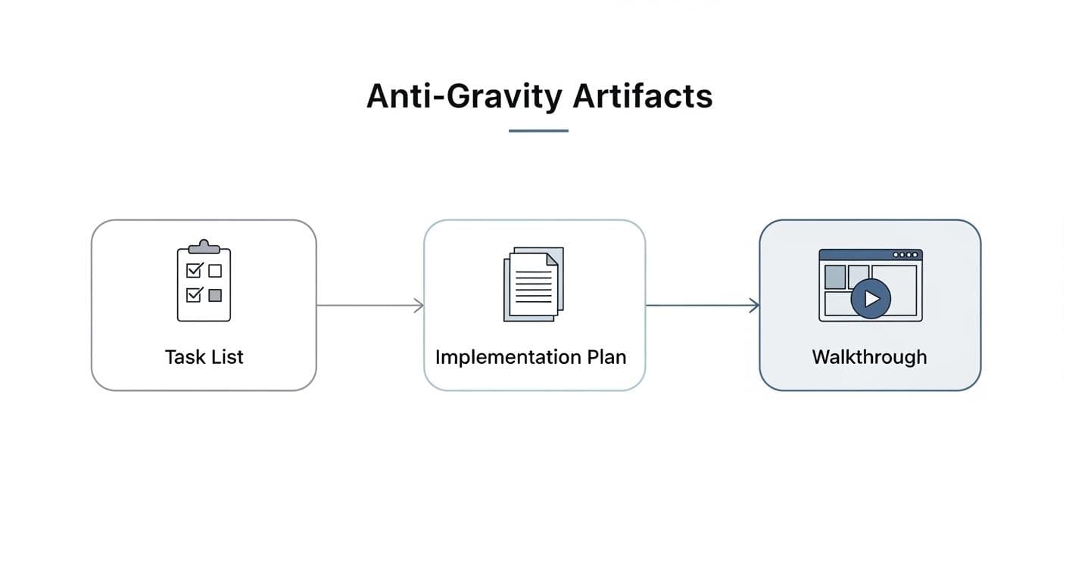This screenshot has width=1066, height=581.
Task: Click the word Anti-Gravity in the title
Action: click(463, 97)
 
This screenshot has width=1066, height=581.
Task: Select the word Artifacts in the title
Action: click(643, 97)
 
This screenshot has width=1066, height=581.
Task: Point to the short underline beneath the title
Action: click(538, 131)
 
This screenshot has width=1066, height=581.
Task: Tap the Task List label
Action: click(204, 357)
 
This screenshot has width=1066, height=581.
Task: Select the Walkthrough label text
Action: click(869, 357)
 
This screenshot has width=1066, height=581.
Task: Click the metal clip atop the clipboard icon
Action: click(204, 247)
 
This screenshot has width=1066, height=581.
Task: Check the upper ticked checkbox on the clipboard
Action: click(193, 270)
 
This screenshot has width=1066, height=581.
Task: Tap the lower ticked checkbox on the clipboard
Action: click(193, 294)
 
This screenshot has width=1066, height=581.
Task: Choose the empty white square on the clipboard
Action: click(215, 270)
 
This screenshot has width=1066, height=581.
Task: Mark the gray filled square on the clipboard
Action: click(215, 295)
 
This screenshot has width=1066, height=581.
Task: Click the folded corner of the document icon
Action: click(552, 259)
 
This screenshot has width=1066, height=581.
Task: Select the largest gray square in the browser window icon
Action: click(834, 277)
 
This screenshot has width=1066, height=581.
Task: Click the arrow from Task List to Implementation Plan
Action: click(369, 306)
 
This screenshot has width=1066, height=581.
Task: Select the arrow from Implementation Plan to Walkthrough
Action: click(702, 306)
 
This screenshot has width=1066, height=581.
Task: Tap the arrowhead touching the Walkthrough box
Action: click(754, 306)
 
